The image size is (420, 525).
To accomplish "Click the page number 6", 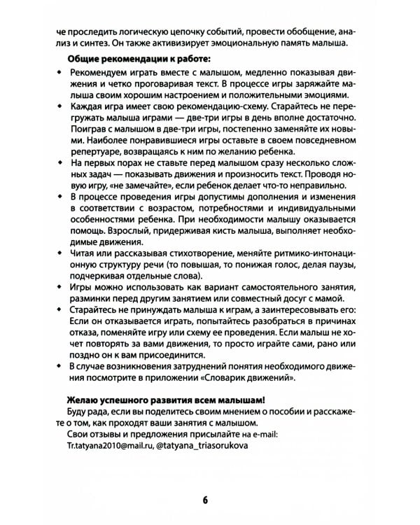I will pyautogui.click(x=205, y=499).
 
